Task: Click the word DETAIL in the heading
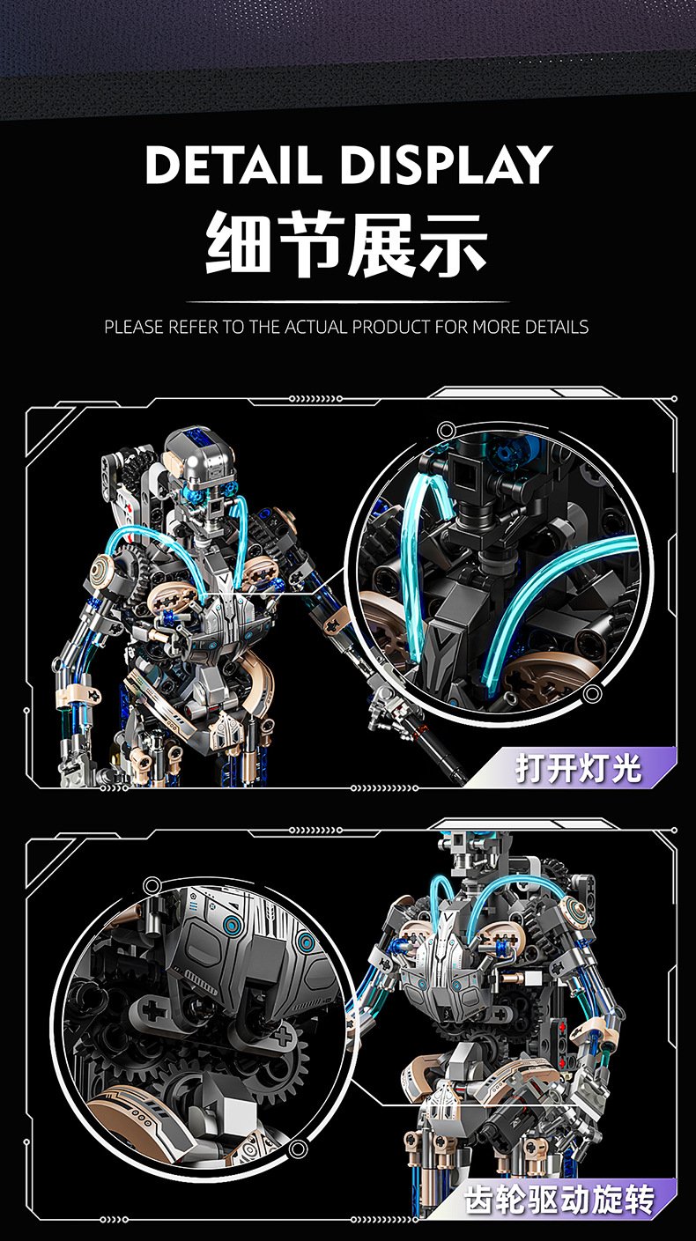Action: click(x=233, y=165)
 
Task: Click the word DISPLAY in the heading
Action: click(x=447, y=165)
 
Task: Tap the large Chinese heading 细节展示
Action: click(x=347, y=244)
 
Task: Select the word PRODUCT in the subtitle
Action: click(x=390, y=327)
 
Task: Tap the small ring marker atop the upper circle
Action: click(x=446, y=431)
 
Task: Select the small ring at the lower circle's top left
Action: click(x=152, y=886)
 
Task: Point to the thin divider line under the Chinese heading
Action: click(x=348, y=302)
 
